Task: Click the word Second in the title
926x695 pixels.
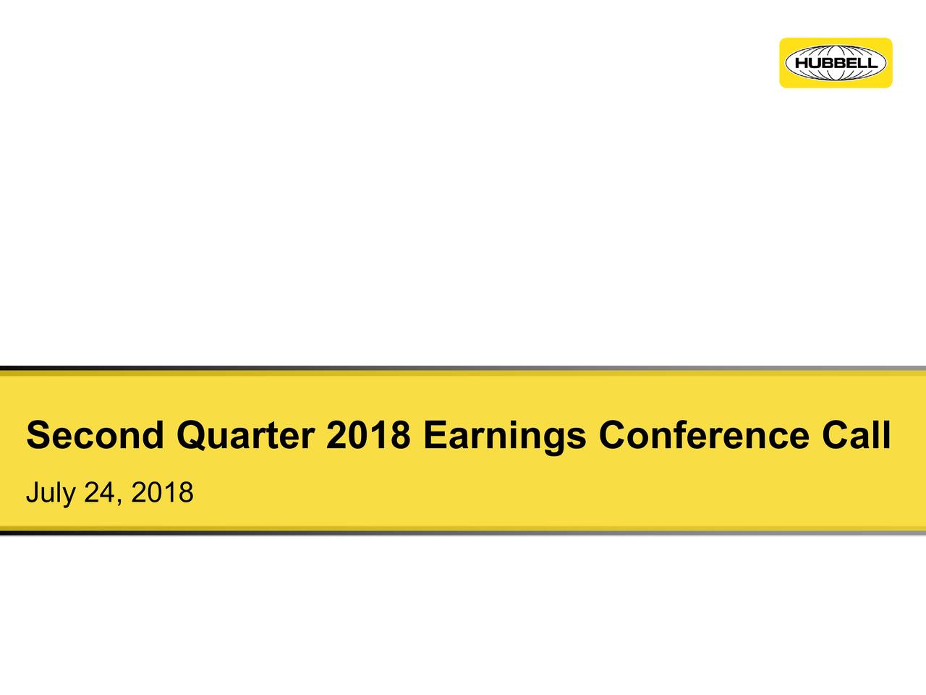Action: (95, 434)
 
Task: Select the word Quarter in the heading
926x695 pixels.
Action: (245, 435)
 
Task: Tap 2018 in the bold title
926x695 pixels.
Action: (368, 434)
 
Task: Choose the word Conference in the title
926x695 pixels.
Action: (704, 434)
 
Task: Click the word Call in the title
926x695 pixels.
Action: (857, 434)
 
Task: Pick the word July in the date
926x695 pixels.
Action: (51, 494)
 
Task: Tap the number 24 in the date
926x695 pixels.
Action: (99, 492)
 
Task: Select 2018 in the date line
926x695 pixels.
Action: (163, 492)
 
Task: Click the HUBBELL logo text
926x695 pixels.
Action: (836, 63)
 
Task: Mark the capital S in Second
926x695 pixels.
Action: (39, 434)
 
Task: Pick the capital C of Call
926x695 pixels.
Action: (836, 434)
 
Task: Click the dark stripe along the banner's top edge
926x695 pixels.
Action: (463, 368)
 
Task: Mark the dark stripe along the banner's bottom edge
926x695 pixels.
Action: (463, 533)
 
